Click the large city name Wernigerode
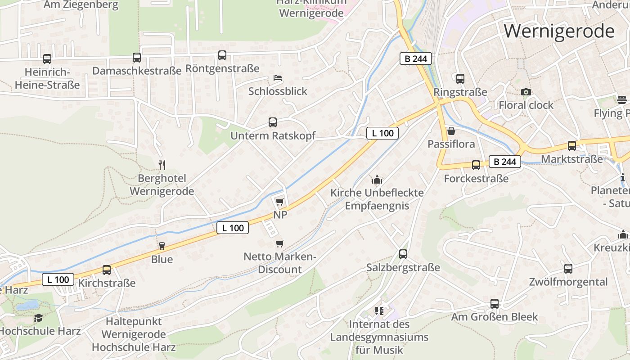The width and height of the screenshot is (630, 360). point(559,31)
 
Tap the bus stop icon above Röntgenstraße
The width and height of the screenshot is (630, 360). point(222,55)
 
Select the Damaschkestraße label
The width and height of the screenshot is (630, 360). point(137,71)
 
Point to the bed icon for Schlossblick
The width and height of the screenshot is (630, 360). point(278,78)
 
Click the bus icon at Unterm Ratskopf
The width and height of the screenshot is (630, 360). point(273,122)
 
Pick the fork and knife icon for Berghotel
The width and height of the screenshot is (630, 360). point(162,165)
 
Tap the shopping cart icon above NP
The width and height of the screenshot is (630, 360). point(280,202)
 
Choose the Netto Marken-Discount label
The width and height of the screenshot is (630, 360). point(280,263)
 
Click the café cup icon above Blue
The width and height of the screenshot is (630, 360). point(162,246)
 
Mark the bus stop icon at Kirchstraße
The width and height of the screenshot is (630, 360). point(107,270)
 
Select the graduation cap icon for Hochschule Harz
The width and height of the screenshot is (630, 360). point(39,318)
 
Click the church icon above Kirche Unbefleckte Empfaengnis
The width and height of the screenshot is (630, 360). point(377,180)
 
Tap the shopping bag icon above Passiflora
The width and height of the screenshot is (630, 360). point(451,131)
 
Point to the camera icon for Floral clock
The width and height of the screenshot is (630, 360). point(526,92)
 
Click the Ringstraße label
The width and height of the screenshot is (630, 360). point(460,92)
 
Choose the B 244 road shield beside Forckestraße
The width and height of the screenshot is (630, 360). point(504,162)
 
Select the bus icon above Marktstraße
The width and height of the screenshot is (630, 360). point(572,146)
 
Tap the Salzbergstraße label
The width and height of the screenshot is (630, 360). point(403,268)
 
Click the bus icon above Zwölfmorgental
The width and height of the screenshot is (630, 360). point(568,269)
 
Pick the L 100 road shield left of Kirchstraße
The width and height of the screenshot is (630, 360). point(58,279)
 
